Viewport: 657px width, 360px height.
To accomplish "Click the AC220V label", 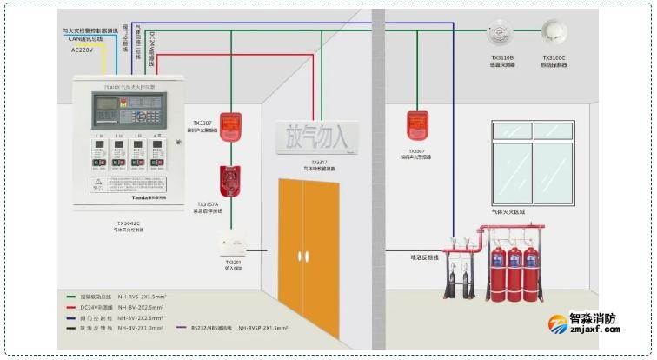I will click(x=84, y=50).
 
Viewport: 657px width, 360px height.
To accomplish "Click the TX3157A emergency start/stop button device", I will click(x=231, y=181).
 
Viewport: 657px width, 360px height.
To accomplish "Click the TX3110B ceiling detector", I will click(x=502, y=32).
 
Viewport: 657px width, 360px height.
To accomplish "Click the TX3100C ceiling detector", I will click(x=553, y=31).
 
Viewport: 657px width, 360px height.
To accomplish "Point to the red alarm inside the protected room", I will click(x=415, y=126).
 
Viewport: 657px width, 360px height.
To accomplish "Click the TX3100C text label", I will click(x=553, y=58).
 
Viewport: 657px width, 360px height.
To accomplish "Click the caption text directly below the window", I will click(x=532, y=211).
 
